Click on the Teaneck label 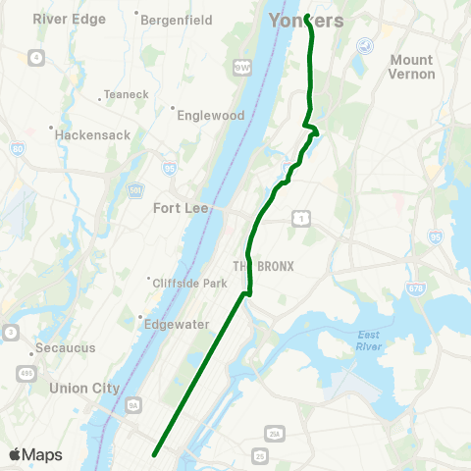126,96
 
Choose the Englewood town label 210,115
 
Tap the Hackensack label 93,133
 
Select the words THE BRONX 256,267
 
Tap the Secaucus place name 62,347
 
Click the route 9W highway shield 241,67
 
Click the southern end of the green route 154,453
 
